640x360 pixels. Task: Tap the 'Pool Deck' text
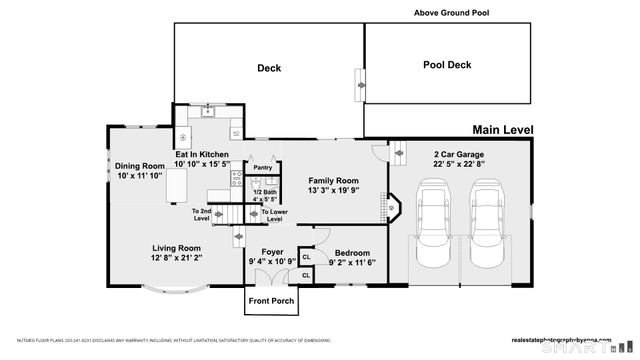(446, 64)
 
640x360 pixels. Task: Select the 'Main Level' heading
(503, 130)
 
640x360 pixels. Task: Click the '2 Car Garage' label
(458, 154)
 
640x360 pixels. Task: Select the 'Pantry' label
(262, 168)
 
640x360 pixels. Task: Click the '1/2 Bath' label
(264, 192)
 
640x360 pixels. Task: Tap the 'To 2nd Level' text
(202, 214)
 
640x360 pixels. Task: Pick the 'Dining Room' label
(139, 166)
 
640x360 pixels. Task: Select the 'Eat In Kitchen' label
(202, 154)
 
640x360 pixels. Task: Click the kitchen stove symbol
(236, 180)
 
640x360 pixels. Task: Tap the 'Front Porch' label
(271, 300)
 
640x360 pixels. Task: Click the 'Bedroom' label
(352, 253)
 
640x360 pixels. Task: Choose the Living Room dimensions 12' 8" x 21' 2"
(176, 258)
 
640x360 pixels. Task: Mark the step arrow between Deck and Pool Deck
(358, 84)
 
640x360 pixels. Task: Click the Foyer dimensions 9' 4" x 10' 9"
(272, 262)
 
